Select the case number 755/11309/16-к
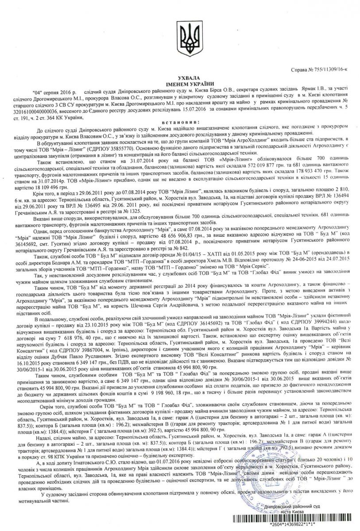tap(323, 70)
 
